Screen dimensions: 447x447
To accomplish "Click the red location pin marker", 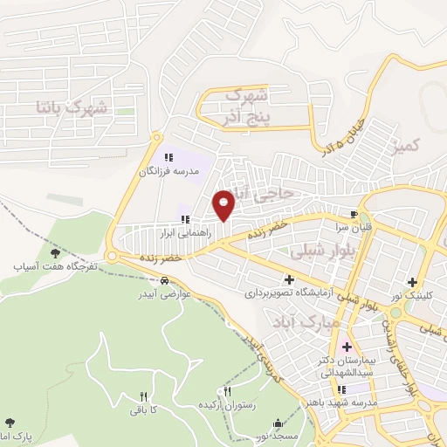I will (x=224, y=204).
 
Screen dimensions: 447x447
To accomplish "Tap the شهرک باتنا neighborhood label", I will (x=72, y=107).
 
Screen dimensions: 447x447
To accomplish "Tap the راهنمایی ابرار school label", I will (x=184, y=234).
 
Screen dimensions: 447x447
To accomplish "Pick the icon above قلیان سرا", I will (x=353, y=213).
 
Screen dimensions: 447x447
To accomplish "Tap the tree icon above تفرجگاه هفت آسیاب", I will (x=55, y=252).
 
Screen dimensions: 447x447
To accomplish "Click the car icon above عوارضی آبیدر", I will (x=165, y=281).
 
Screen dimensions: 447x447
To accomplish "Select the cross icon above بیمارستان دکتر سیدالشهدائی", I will (x=347, y=345).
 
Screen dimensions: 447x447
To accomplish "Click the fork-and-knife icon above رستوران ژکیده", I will (x=229, y=391).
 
